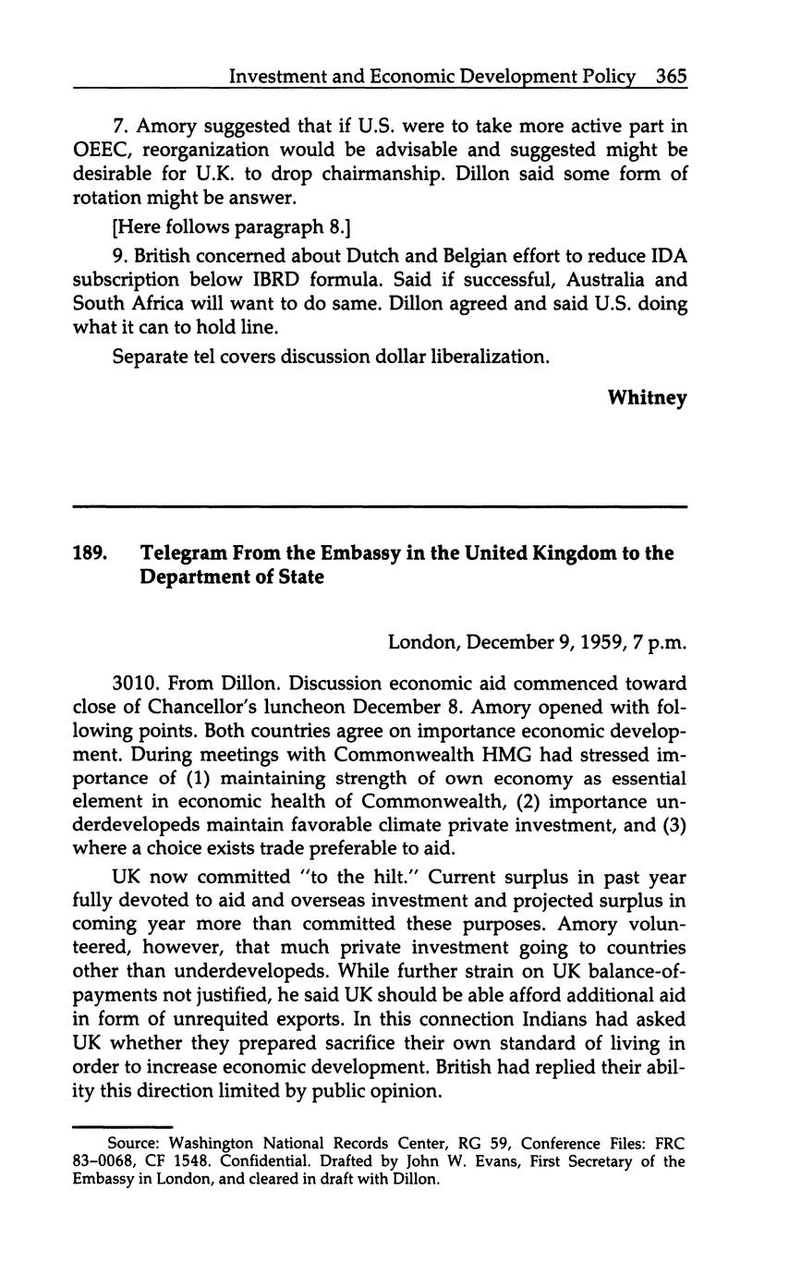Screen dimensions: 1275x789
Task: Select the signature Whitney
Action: tap(647, 398)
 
